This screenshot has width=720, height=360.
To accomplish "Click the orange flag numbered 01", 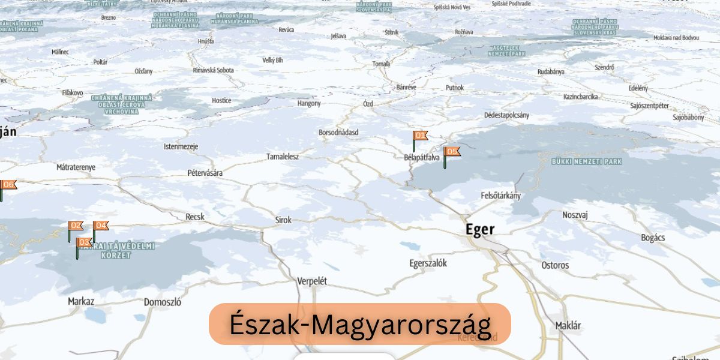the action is (420, 136).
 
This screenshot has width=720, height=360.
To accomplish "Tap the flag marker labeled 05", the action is (452, 152).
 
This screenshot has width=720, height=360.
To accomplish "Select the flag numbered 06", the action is (8, 185).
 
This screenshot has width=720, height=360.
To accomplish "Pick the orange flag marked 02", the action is (76, 226).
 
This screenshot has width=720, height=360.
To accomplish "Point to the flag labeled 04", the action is (101, 226).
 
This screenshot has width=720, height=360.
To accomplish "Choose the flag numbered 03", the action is (84, 242).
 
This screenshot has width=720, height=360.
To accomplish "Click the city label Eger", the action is (480, 230).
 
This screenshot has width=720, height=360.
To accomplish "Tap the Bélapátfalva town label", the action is (422, 158).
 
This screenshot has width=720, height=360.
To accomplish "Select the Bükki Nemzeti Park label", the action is (586, 161).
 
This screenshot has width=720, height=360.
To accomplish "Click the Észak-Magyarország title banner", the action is (360, 325).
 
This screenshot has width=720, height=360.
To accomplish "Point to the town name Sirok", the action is (283, 220).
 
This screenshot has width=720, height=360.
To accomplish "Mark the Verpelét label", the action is (312, 281).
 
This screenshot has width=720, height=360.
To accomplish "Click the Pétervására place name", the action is (205, 173).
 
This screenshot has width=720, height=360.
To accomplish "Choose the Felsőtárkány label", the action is (501, 196).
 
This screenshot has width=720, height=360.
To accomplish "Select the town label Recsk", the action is (195, 217).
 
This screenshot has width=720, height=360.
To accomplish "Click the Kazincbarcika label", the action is (580, 97).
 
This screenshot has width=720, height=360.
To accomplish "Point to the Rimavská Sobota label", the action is (213, 70).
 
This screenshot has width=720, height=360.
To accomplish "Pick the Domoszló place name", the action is (163, 302).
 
